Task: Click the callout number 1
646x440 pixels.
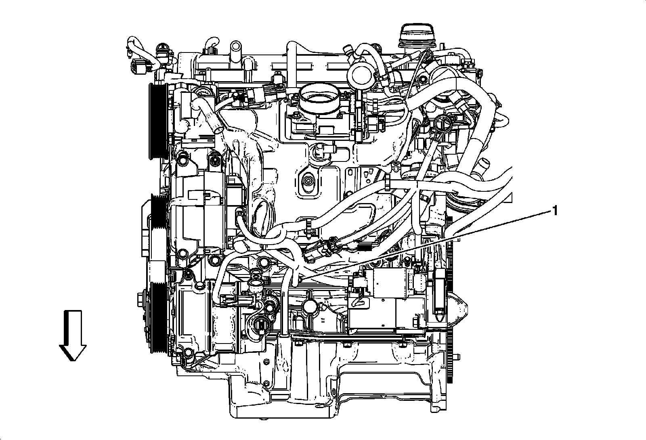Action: (555, 211)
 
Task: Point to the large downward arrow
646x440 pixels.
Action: (73, 335)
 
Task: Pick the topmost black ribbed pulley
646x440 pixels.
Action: (156, 121)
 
